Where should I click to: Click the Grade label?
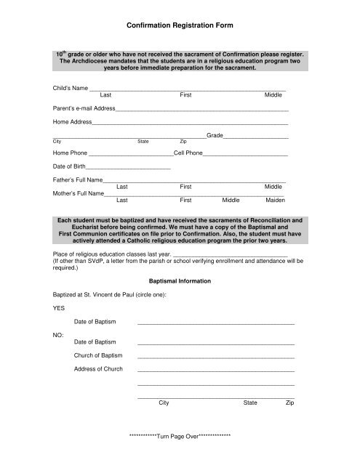click(214, 136)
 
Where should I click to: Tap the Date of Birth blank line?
click(128, 169)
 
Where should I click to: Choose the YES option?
click(59, 307)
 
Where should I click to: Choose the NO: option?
click(58, 335)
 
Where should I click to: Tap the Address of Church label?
click(98, 369)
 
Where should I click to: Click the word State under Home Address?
click(143, 142)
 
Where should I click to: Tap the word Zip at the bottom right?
click(289, 402)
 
